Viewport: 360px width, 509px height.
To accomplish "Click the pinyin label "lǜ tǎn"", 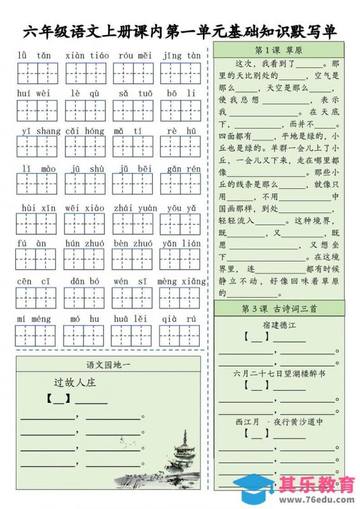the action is [x=34, y=55].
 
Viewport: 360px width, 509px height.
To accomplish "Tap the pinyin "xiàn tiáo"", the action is [x=87, y=55].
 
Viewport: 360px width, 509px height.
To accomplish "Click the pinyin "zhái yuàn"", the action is [x=135, y=207].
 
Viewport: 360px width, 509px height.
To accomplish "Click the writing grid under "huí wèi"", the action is [x=36, y=111].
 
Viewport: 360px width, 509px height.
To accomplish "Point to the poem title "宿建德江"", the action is [x=279, y=325].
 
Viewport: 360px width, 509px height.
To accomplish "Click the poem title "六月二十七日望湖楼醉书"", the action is [x=279, y=373].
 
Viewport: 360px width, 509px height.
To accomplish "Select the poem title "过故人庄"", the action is [x=74, y=382].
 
